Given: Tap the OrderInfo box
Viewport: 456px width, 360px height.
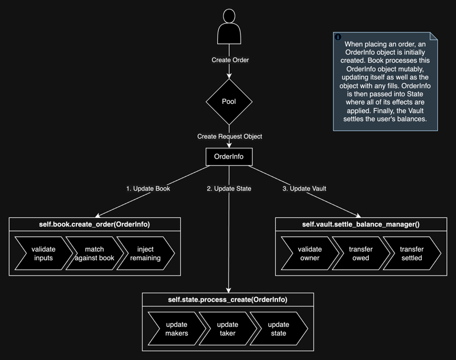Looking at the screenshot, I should tap(229, 157).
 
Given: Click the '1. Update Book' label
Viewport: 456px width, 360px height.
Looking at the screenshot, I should tap(148, 188).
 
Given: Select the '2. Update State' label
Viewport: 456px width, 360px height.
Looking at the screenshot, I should tap(229, 188).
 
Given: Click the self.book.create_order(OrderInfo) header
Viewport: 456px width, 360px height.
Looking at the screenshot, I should tap(95, 224).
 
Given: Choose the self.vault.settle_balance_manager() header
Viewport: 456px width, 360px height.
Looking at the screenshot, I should tap(361, 224).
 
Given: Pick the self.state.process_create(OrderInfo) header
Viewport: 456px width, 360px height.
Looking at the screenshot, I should tap(229, 300).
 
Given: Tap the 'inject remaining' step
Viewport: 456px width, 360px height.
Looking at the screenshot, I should tap(145, 253).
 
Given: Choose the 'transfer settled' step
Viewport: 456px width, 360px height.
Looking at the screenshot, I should tap(411, 253).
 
